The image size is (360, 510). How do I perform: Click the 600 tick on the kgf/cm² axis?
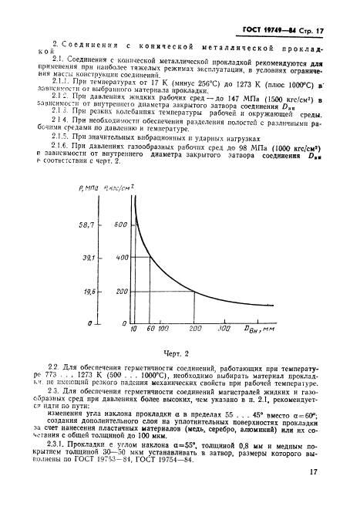point(119,224)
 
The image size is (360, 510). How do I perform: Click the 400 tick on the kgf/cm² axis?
point(119,258)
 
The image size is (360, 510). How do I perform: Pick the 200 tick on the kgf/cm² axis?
point(119,292)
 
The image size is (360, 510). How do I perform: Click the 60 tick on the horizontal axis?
point(150,330)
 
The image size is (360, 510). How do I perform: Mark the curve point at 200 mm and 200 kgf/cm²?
point(193,292)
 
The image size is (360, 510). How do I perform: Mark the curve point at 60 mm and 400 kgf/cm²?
point(150,258)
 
